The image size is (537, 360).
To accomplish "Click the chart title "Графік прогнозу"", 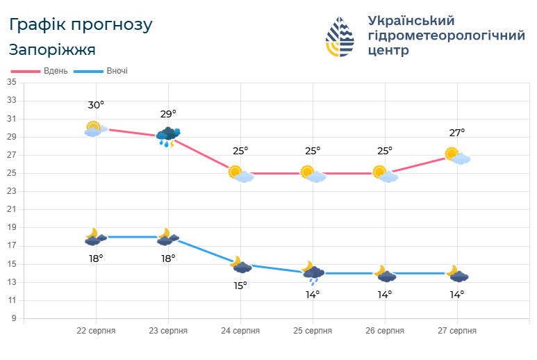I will click(x=81, y=25).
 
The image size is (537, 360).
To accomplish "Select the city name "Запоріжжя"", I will click(x=53, y=50).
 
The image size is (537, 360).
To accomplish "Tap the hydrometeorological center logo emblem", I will click(x=340, y=37).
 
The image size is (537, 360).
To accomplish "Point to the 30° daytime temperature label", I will click(x=96, y=105).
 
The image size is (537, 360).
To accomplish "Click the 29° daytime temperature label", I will click(x=168, y=114).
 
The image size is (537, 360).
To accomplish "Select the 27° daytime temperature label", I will click(x=456, y=133).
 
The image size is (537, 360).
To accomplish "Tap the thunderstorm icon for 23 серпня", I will click(x=168, y=136).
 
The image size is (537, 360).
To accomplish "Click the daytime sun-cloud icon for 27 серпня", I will click(x=457, y=156).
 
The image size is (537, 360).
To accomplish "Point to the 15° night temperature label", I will click(x=240, y=285).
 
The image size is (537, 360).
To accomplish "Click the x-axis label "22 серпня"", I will click(x=96, y=331).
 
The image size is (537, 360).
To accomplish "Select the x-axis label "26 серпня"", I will click(x=385, y=331).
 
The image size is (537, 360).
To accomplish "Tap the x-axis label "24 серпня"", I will click(x=240, y=331).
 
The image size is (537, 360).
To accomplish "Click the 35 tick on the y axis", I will click(x=11, y=83).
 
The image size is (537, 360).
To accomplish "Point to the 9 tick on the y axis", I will click(x=13, y=318).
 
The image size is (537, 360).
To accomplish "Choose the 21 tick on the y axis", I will click(x=11, y=210).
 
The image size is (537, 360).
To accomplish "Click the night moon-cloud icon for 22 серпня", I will click(x=95, y=237).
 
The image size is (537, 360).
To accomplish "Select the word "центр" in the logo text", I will click(x=388, y=51).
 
